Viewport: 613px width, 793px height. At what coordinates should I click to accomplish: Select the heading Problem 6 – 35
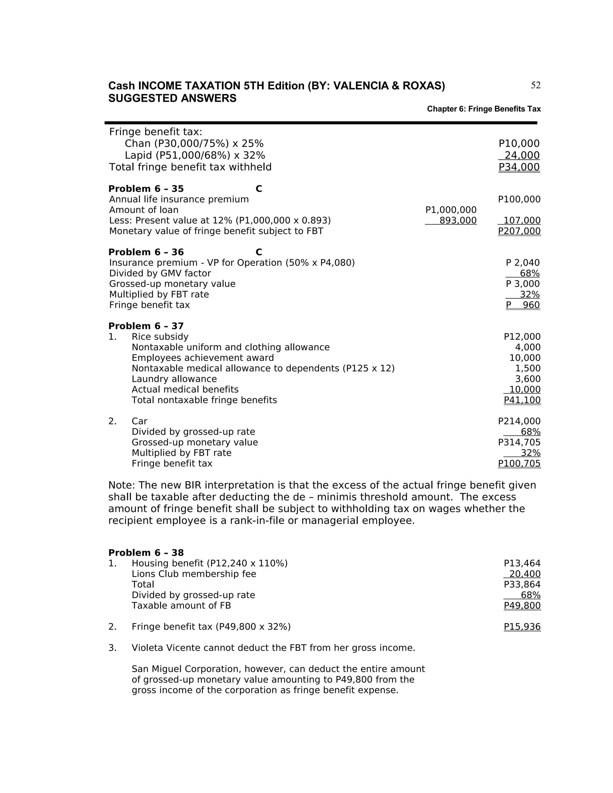click(x=146, y=189)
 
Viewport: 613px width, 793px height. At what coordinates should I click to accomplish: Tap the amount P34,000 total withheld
click(x=519, y=167)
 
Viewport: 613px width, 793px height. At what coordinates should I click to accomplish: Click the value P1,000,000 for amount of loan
click(x=451, y=210)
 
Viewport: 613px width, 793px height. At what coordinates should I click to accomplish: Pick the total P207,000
click(x=519, y=231)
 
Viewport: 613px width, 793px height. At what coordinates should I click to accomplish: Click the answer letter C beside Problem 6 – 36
click(x=259, y=252)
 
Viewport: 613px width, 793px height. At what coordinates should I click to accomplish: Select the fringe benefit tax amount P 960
click(x=523, y=305)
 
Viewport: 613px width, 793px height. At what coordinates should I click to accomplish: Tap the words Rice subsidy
click(x=160, y=337)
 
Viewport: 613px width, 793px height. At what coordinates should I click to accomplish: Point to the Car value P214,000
click(x=519, y=421)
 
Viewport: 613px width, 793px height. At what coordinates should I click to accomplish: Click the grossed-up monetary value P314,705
click(x=519, y=442)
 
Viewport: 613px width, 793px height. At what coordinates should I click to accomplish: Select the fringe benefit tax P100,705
click(x=519, y=463)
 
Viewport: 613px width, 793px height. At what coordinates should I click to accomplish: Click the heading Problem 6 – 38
click(x=146, y=553)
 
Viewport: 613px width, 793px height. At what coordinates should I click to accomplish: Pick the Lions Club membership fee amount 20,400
click(x=525, y=574)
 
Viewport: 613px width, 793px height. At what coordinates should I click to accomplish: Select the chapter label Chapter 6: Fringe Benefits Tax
click(x=483, y=109)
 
